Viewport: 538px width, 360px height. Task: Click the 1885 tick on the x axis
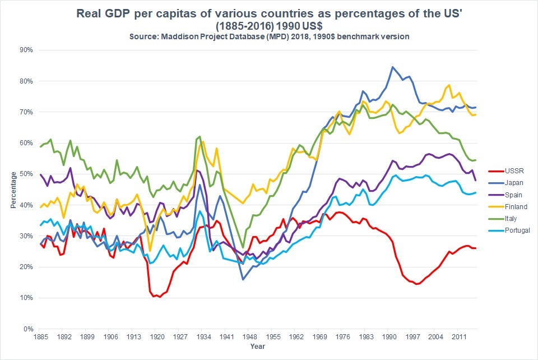(x=41, y=338)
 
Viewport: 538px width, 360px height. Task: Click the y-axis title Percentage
(x=13, y=190)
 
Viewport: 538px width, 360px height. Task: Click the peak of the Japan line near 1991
(x=392, y=67)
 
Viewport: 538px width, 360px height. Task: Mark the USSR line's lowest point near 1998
(x=416, y=284)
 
